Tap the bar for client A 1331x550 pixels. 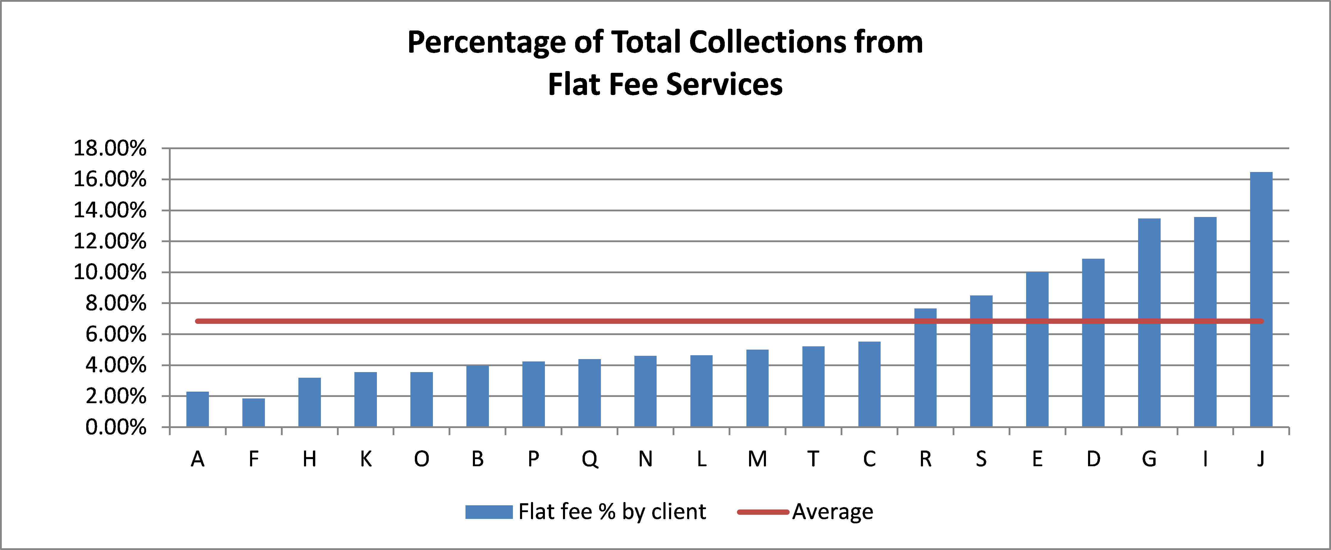[197, 409]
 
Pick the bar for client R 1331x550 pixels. [925, 368]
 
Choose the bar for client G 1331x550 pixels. [1149, 323]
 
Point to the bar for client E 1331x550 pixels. [1037, 350]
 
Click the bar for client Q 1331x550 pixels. [590, 393]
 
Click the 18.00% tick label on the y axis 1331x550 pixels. [110, 149]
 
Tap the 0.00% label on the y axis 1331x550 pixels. [116, 428]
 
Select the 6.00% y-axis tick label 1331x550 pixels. [116, 335]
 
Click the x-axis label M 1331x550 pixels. [757, 459]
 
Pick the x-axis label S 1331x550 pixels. [981, 459]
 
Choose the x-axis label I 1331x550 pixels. [1205, 459]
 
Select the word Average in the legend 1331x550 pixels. [832, 512]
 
